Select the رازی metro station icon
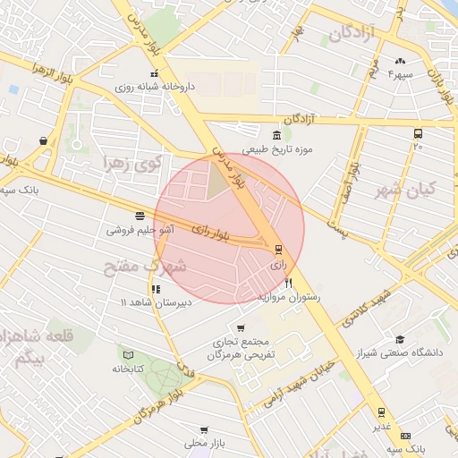coord(277,250)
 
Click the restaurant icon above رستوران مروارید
coord(288,283)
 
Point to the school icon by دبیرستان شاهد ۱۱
coord(157,289)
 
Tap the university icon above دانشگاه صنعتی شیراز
coord(400,339)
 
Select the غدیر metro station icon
coord(382,412)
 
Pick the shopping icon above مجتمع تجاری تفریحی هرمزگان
coord(239,327)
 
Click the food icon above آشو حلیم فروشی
coord(140,216)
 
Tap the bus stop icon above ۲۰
coord(418,133)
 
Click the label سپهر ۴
coord(399,75)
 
